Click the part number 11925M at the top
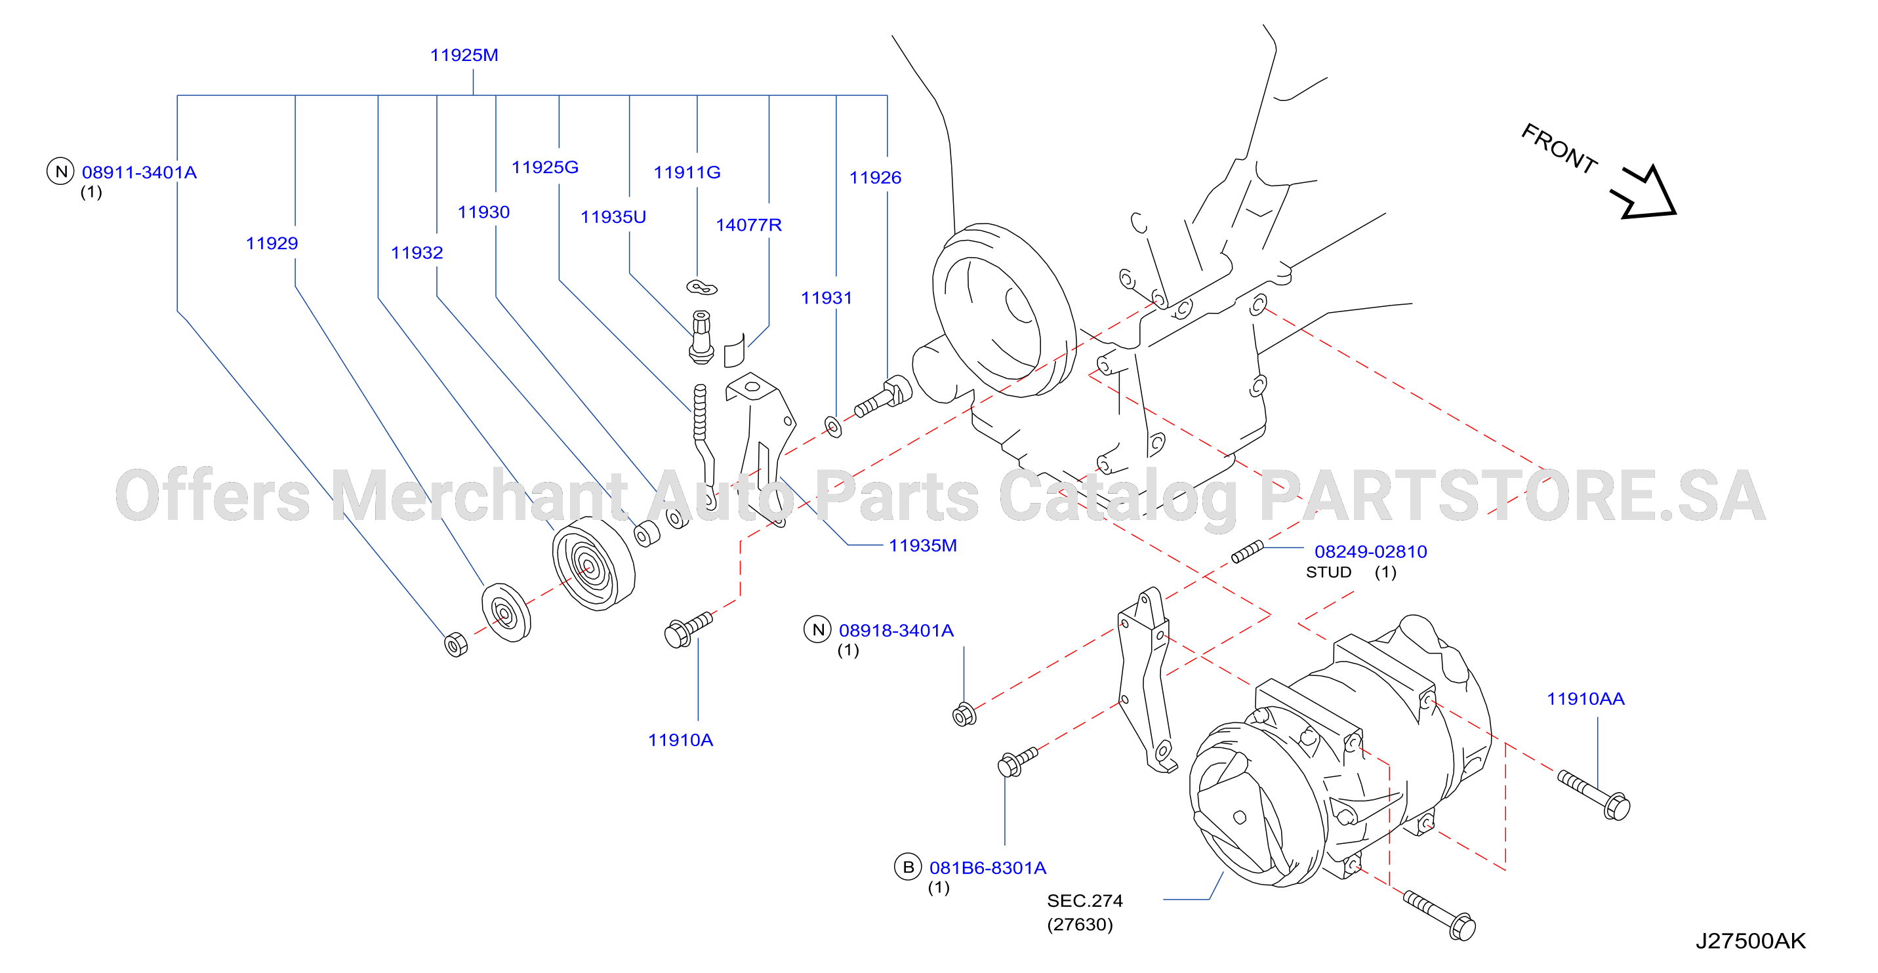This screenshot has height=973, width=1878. click(464, 55)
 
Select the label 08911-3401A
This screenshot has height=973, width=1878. click(138, 172)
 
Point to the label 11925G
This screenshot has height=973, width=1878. click(544, 168)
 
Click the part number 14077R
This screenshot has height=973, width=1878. click(748, 225)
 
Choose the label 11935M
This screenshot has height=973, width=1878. click(922, 546)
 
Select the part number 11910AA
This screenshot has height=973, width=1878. click(1585, 699)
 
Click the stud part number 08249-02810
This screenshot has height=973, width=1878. click(1370, 551)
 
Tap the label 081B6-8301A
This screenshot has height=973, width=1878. click(987, 868)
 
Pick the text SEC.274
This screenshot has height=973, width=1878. click(1084, 901)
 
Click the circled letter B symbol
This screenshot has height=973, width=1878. click(908, 867)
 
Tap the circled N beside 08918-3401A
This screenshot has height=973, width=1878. click(818, 629)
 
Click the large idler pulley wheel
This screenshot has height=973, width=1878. click(593, 564)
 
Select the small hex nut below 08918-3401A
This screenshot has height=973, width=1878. click(964, 714)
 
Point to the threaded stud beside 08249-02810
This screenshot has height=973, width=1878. click(1247, 551)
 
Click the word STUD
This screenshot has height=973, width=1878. click(1328, 572)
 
